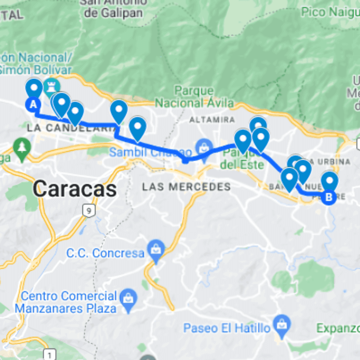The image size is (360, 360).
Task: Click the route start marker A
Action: pos(33,105)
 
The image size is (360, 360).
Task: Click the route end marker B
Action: pos(329,197)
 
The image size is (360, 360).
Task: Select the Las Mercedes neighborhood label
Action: pos(186,187)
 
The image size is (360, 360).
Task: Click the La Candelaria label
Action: pos(72,127)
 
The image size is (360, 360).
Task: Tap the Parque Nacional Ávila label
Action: pos(194,97)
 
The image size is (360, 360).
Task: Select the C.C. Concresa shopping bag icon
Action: pos(156,249)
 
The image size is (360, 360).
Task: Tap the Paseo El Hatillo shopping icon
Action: pos(282,323)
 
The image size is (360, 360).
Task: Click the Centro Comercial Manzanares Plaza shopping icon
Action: pos(127,297)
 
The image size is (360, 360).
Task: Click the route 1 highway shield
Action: pos(50,353)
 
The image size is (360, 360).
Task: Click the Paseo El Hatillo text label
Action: pos(227,328)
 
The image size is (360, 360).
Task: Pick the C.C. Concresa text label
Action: pos(105,253)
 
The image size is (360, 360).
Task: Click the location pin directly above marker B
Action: pos(330,181)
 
